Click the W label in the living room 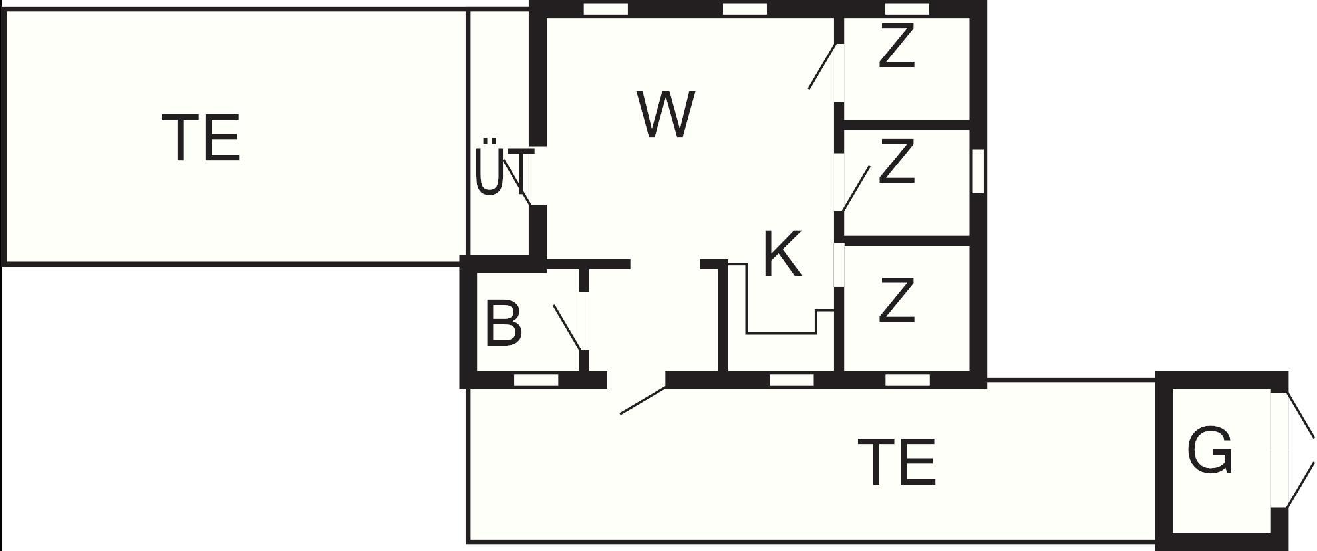(x=666, y=115)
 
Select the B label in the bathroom (x=504, y=324)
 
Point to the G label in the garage (x=1210, y=451)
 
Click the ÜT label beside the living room (x=504, y=171)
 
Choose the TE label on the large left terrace (x=201, y=138)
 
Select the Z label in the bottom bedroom (x=896, y=300)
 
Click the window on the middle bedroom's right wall (x=978, y=171)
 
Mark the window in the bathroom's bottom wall (x=536, y=380)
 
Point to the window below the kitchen (x=791, y=380)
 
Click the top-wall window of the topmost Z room (x=907, y=9)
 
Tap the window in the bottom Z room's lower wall (x=907, y=380)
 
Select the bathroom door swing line (x=567, y=328)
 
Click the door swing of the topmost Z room (x=822, y=66)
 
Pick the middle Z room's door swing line (x=856, y=189)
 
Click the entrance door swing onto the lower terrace (x=643, y=401)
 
